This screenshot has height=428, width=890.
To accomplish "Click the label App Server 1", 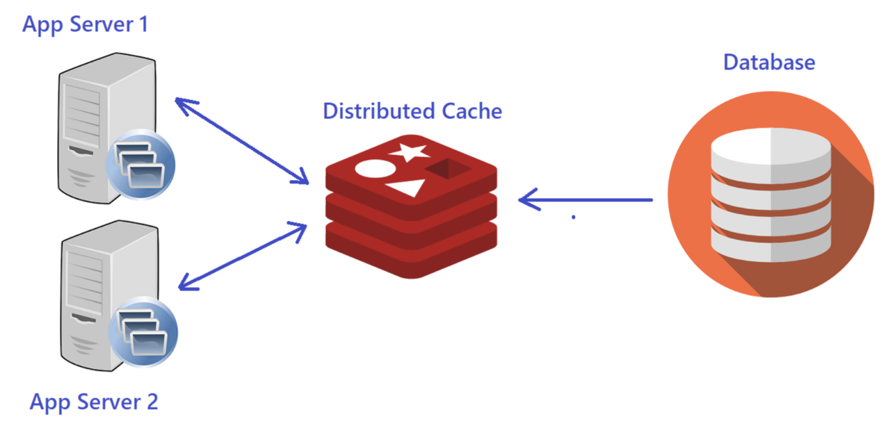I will [85, 24].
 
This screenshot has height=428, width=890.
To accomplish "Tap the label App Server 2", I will [94, 401].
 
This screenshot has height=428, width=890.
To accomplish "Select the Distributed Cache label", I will [412, 111].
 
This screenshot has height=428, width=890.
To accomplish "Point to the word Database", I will [769, 62].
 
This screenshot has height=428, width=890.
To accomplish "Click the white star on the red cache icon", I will [409, 152].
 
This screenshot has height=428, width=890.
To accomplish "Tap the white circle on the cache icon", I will [371, 169].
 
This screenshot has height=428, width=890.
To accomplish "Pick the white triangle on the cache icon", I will [407, 187].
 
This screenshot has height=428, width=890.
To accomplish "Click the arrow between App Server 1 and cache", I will [241, 141].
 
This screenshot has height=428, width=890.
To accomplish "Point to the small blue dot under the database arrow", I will [574, 217].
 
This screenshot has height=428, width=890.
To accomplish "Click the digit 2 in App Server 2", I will [151, 401].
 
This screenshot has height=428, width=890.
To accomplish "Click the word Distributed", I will [380, 111].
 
